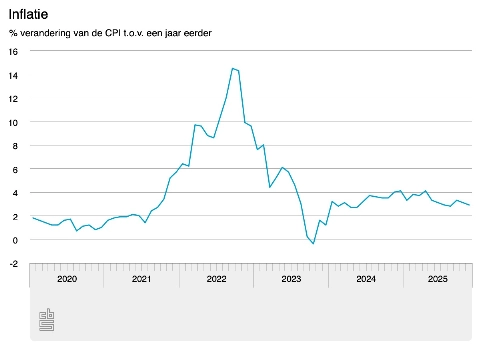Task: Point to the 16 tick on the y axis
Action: point(13,52)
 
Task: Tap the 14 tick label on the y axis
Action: point(13,75)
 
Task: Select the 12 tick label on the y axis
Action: point(13,99)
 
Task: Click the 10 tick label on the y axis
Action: point(13,122)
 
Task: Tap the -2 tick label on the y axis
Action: point(13,263)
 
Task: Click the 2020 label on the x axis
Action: point(67,280)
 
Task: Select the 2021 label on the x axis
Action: point(142,280)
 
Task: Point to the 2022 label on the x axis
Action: point(216,280)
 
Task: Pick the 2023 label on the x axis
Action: point(291,280)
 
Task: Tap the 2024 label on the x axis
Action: point(365,280)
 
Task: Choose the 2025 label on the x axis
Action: point(438,280)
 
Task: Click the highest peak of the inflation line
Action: point(232,68)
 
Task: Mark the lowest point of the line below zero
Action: point(313,244)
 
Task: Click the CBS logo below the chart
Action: point(46,320)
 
